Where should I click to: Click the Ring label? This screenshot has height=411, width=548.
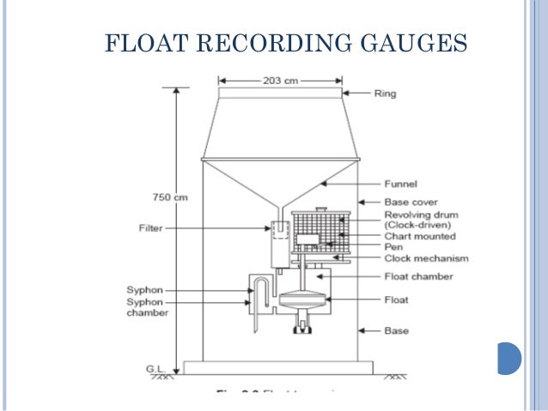[x=386, y=93]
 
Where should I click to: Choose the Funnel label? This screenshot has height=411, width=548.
[x=400, y=183]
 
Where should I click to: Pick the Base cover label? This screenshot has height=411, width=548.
[x=411, y=202]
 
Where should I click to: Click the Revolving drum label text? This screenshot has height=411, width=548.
[x=422, y=215]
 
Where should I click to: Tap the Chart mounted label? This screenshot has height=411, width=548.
[x=420, y=236]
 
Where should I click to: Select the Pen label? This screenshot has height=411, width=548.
[x=393, y=247]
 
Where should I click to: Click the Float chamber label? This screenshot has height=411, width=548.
[x=418, y=276]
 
